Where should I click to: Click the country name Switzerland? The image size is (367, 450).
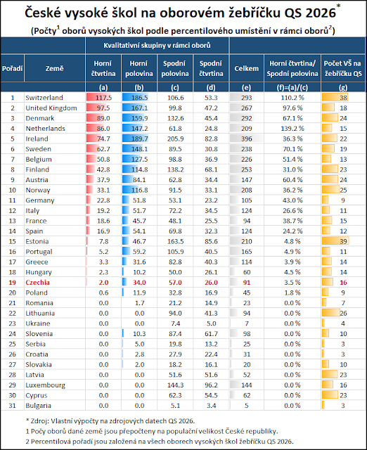click(x=44, y=98)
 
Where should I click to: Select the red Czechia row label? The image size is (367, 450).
click(x=37, y=283)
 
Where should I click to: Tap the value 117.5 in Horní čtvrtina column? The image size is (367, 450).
click(x=103, y=98)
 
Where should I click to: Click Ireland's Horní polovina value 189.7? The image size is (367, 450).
click(x=139, y=139)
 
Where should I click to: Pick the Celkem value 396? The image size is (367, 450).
click(x=247, y=139)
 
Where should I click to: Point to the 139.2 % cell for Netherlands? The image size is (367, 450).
click(x=292, y=128)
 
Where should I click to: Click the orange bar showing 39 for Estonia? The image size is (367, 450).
click(x=335, y=241)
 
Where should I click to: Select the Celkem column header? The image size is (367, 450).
click(x=247, y=69)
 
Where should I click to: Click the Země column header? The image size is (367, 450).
click(x=55, y=69)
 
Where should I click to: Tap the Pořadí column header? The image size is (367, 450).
click(x=13, y=69)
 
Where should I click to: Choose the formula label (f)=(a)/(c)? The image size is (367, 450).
click(x=292, y=87)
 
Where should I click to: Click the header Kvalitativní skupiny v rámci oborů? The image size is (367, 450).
click(x=157, y=45)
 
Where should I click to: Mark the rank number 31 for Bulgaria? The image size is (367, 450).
click(x=13, y=406)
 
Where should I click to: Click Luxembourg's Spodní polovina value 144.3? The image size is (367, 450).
click(x=175, y=385)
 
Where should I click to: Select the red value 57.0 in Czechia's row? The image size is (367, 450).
click(x=175, y=283)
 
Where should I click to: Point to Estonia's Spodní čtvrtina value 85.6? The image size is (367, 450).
click(x=211, y=241)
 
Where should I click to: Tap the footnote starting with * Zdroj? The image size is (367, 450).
click(x=110, y=421)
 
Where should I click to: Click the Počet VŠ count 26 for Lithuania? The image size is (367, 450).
click(x=343, y=313)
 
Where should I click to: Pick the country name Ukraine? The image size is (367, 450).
click(x=38, y=323)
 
